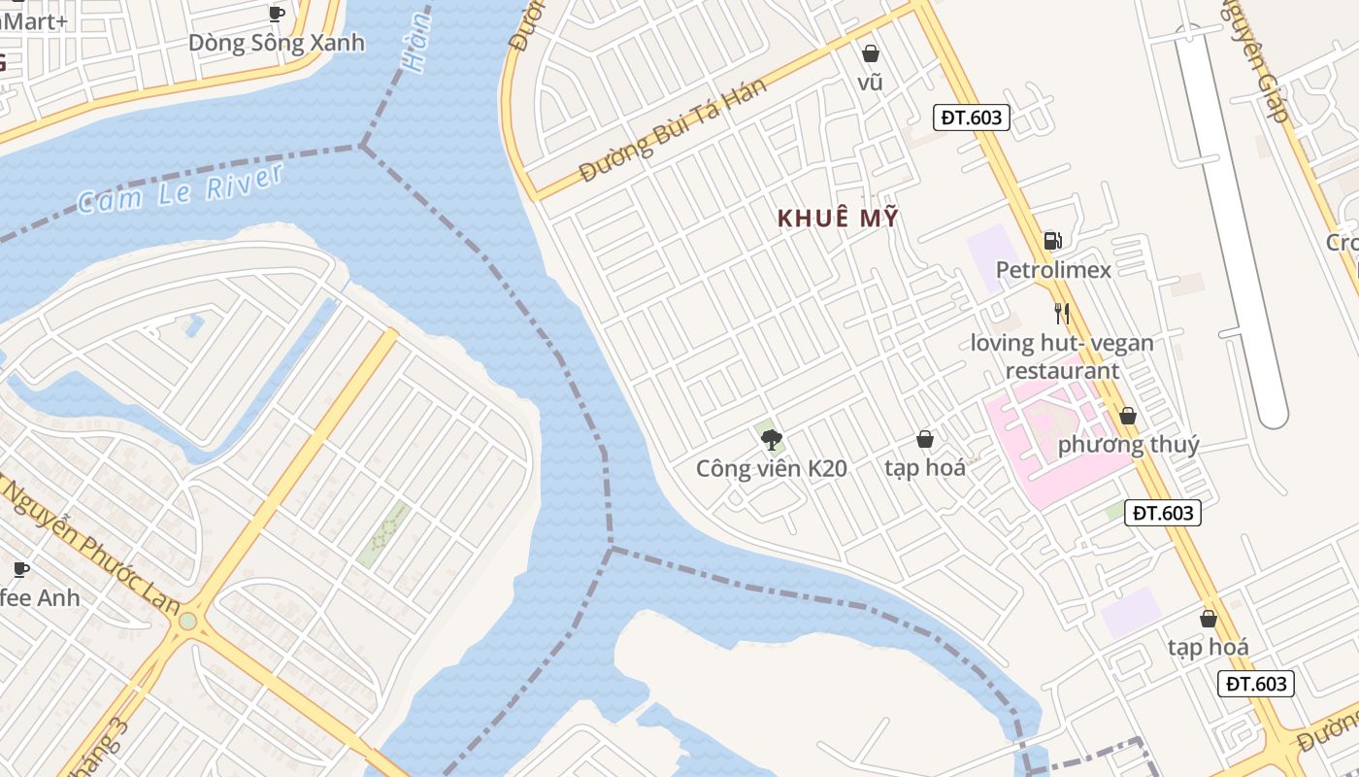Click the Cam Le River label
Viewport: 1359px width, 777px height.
(x=181, y=188)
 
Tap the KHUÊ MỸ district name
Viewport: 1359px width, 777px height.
(x=838, y=219)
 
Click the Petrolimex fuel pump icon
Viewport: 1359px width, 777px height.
(x=1051, y=241)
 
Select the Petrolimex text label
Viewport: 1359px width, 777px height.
(x=1053, y=269)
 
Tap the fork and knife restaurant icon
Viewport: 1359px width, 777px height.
(x=1062, y=313)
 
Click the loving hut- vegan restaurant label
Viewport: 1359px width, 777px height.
(x=1062, y=356)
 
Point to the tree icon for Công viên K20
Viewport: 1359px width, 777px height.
(x=772, y=441)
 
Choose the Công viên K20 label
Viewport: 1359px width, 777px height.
(x=772, y=469)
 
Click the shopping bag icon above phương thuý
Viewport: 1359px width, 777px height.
(x=1128, y=417)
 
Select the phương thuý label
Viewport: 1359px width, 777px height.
(x=1128, y=445)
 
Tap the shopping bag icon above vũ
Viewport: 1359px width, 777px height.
(x=871, y=54)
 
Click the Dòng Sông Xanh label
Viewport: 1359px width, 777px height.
(x=277, y=43)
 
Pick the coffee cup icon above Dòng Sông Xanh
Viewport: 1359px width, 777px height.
(x=277, y=14)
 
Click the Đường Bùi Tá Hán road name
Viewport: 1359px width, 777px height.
(x=672, y=129)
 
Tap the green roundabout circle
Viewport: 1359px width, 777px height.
(x=187, y=621)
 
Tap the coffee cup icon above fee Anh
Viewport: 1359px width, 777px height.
(x=20, y=569)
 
